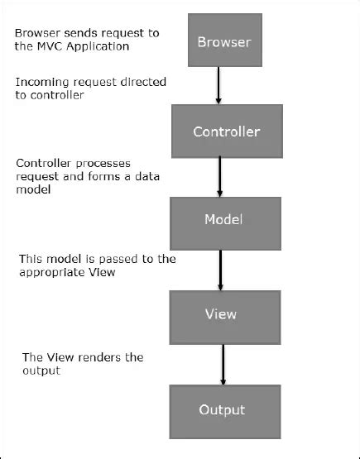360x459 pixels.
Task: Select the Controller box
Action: point(226,131)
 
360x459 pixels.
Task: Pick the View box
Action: point(220,314)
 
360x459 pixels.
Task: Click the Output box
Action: point(222,409)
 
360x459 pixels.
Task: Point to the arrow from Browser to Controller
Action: point(218,86)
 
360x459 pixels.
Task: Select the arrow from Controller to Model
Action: point(221,176)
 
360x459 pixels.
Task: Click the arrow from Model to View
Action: point(221,265)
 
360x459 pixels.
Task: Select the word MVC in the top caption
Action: point(50,46)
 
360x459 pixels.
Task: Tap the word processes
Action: point(103,163)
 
